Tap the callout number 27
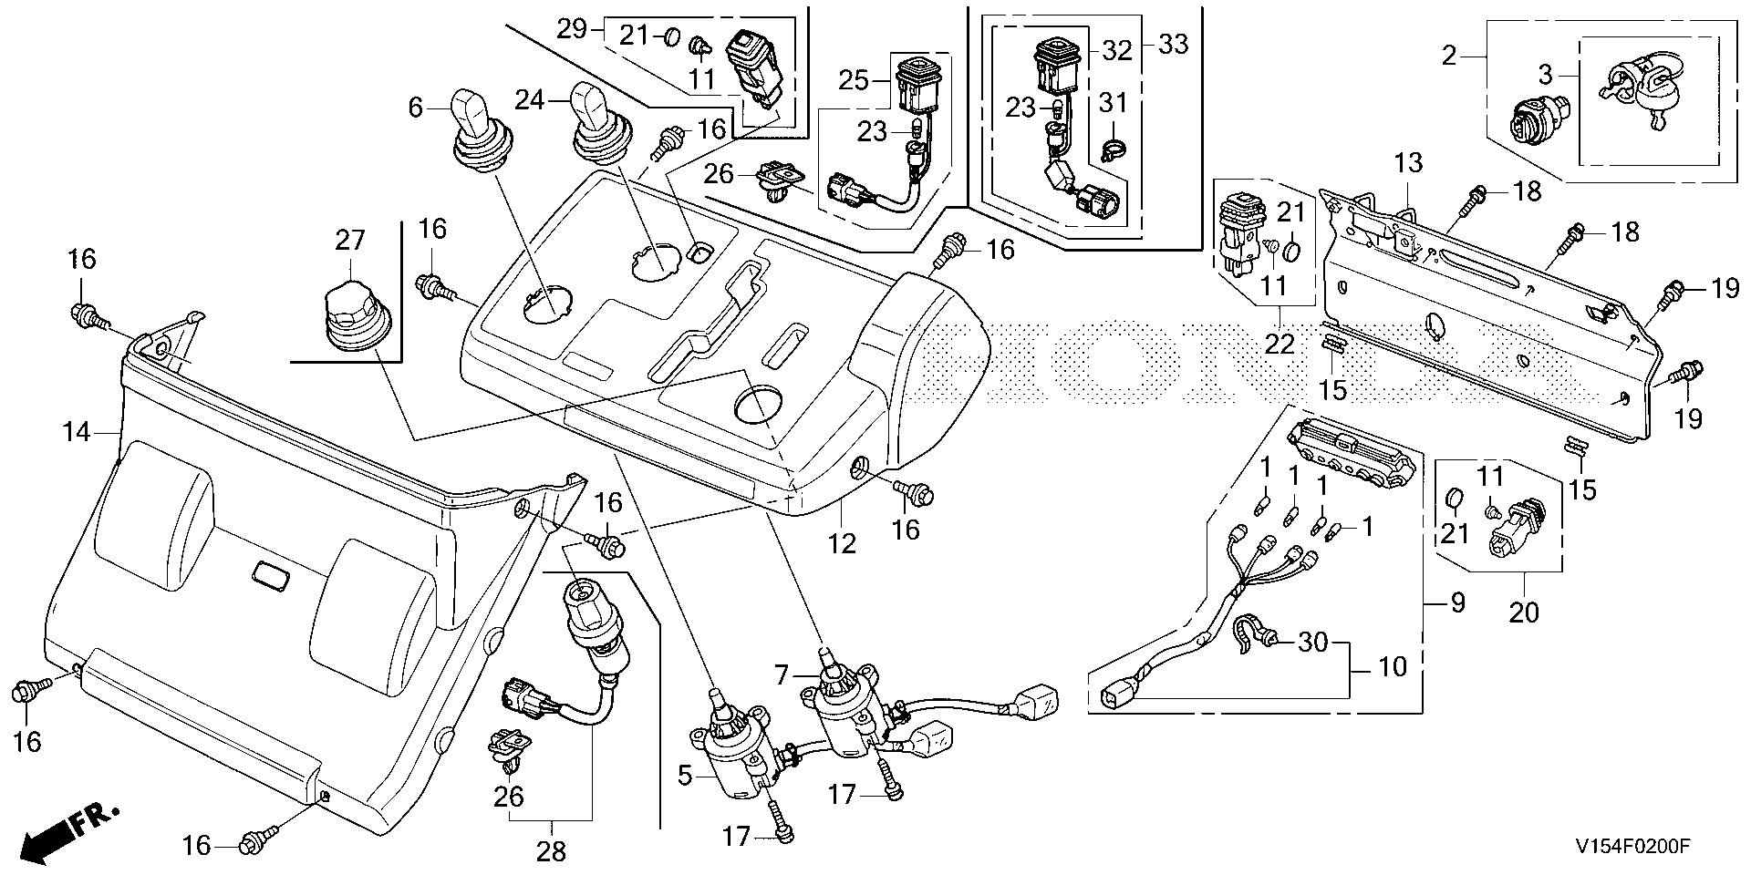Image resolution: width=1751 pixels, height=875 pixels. pos(350,241)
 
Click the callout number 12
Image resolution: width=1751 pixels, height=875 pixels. pos(842,543)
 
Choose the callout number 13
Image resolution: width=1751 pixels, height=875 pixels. pos(1407,164)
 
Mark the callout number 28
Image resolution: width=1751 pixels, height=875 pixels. pos(552,851)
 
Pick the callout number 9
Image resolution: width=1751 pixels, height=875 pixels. pos(1456,602)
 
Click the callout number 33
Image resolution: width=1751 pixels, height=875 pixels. pos(1174,43)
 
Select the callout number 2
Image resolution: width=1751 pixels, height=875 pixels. pos(1449,57)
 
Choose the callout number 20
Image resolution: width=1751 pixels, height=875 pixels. pos(1523,612)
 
